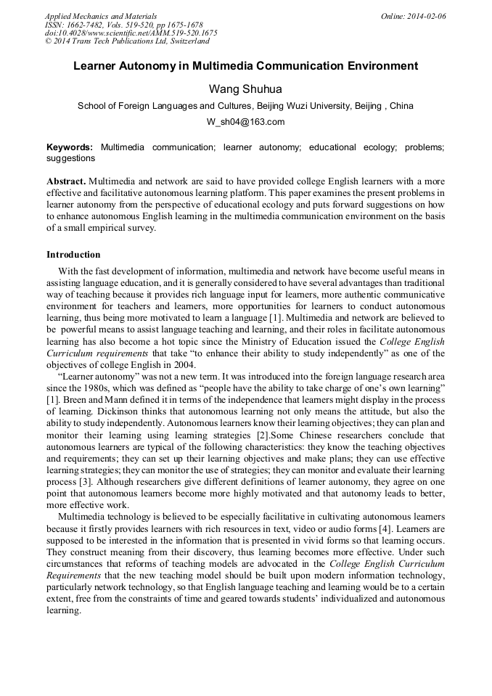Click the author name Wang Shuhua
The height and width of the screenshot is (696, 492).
(x=245, y=89)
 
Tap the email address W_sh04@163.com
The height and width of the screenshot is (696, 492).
(x=245, y=122)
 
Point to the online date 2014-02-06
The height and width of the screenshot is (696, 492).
(x=426, y=15)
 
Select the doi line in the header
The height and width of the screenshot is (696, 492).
(x=131, y=33)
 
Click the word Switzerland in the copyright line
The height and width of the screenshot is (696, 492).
(x=183, y=41)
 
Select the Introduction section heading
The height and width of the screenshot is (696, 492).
(x=73, y=255)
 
